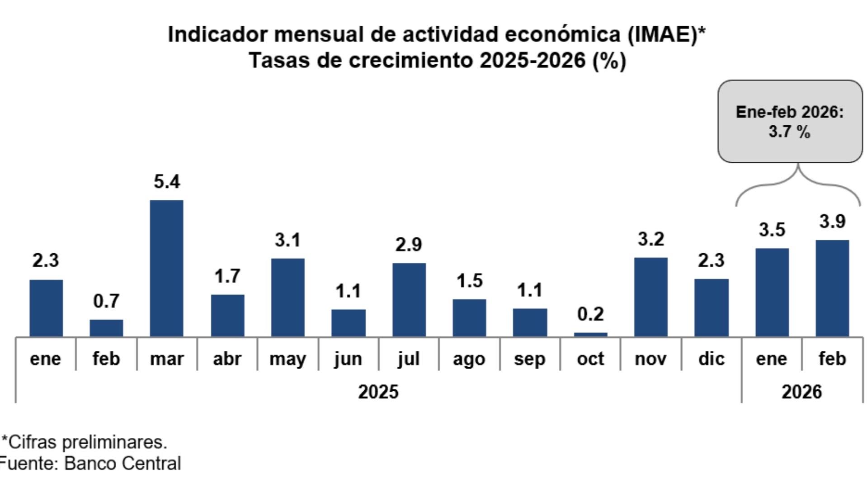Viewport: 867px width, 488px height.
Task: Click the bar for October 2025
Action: pos(590,335)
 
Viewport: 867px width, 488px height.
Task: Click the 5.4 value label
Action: pos(167,182)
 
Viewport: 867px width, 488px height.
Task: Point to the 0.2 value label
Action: pos(590,314)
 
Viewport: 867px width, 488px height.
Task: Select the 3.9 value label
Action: pos(832,222)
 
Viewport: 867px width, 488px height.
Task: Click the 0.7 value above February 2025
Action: pos(106,301)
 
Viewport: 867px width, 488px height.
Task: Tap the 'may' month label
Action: pos(287,359)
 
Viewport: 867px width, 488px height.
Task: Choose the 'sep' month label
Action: pos(529,359)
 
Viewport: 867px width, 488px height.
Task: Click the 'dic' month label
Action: pos(711,359)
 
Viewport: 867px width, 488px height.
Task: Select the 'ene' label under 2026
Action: pos(771,359)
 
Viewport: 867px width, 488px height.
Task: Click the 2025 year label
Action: pos(378,392)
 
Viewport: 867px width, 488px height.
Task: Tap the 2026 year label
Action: pos(801,392)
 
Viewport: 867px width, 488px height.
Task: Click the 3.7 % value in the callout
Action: pos(789,133)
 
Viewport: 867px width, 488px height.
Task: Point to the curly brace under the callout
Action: pos(798,181)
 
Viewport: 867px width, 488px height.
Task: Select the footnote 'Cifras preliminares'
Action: pos(87,442)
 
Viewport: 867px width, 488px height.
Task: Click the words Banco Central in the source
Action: pos(123,464)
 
